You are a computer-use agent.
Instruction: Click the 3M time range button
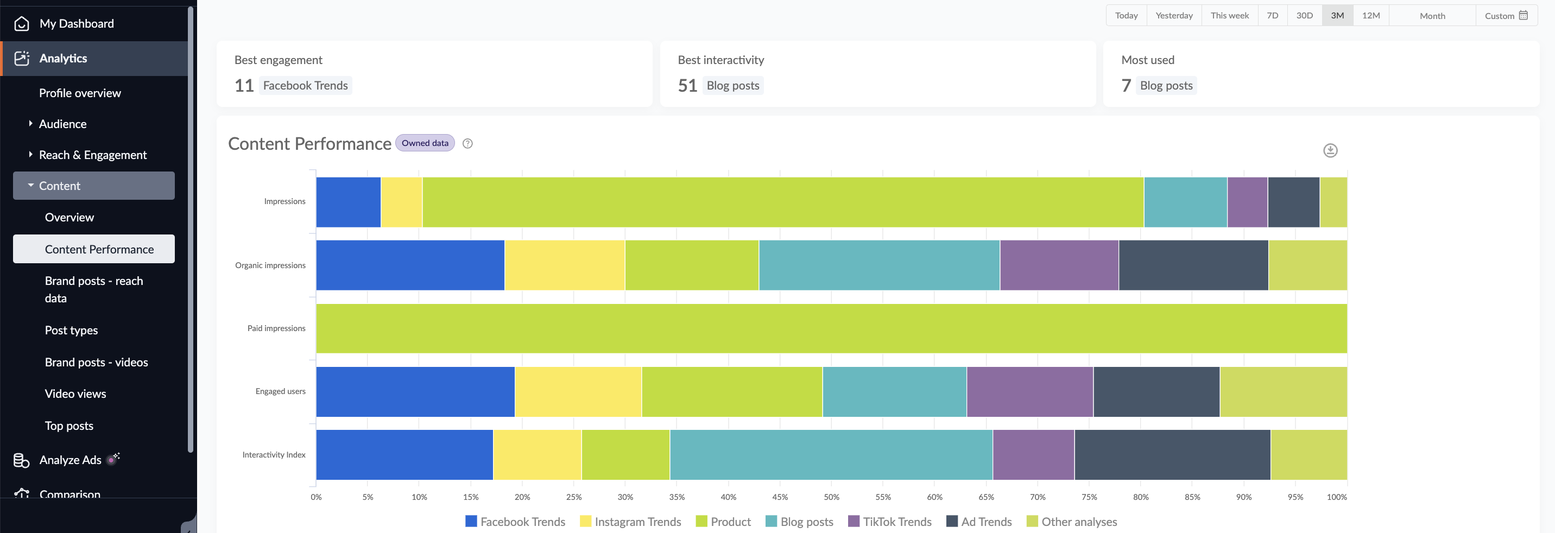click(x=1337, y=16)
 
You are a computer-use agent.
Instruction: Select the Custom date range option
click(x=1506, y=16)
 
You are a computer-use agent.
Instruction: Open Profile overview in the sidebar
click(x=80, y=93)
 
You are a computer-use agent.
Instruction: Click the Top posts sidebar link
click(x=69, y=426)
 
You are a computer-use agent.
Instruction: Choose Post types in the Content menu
click(x=71, y=330)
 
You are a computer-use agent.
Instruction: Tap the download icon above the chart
click(x=1330, y=150)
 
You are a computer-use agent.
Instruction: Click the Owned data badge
click(x=425, y=143)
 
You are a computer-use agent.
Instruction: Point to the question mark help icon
click(x=467, y=144)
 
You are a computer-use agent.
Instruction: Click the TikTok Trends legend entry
click(x=890, y=522)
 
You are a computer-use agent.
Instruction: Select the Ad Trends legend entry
click(x=979, y=522)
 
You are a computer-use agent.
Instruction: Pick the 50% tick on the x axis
click(x=831, y=497)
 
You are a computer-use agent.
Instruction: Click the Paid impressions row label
click(x=276, y=328)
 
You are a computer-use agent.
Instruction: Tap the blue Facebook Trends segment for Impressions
click(x=349, y=202)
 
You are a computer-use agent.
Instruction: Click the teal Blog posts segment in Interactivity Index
click(x=831, y=454)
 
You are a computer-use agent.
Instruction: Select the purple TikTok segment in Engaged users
click(x=1029, y=392)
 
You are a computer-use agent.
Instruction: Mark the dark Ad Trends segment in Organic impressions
click(x=1193, y=265)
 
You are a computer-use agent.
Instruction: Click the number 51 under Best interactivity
click(x=687, y=86)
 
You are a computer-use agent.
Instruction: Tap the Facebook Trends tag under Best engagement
click(x=306, y=86)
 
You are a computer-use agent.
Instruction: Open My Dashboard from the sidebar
click(x=76, y=23)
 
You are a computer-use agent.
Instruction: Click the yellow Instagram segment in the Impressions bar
click(x=401, y=202)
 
